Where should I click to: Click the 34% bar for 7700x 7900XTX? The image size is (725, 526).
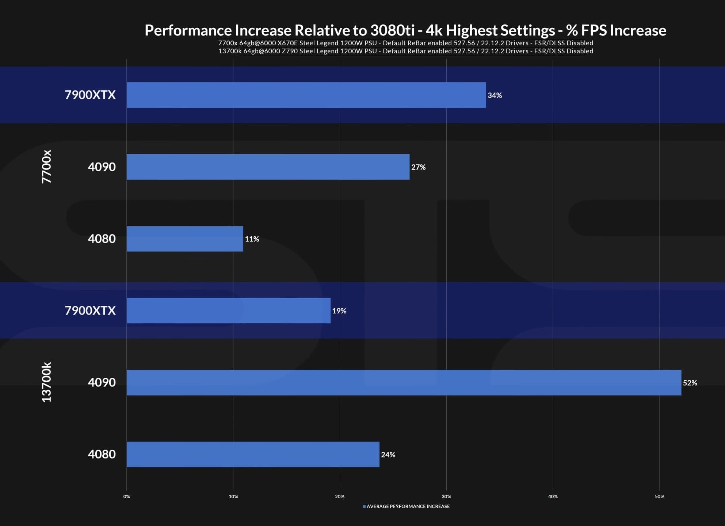[306, 95]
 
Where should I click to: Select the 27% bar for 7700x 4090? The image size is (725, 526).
[268, 167]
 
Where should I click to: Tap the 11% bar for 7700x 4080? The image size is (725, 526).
[185, 239]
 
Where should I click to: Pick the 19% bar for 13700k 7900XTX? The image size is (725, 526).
[229, 310]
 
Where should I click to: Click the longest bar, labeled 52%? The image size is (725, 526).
[404, 382]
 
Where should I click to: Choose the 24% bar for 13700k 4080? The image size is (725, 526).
[253, 454]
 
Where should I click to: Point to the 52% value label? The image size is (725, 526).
[690, 383]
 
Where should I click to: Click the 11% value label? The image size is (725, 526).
[252, 239]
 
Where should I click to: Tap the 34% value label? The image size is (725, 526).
[495, 95]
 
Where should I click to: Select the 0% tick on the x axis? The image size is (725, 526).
[126, 496]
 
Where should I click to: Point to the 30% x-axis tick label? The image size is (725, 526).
[446, 496]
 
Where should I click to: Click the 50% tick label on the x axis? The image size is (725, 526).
[659, 496]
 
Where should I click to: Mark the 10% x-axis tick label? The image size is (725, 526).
[233, 496]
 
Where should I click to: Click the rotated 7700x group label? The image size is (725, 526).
[46, 167]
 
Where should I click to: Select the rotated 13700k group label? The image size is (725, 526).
[46, 382]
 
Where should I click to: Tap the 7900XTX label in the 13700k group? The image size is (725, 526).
[90, 310]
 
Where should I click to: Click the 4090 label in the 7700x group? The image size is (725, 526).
[102, 167]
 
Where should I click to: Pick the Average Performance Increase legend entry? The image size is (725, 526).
[408, 506]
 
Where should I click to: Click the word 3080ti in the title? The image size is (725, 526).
[392, 30]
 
